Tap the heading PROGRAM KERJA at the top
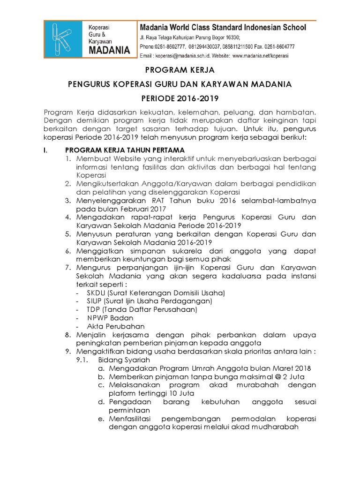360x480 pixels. [180, 70]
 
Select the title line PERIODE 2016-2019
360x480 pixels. [180, 99]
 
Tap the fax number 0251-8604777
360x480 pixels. [278, 46]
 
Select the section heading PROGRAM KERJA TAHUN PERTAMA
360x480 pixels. [124, 150]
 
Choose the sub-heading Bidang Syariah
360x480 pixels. [124, 360]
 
